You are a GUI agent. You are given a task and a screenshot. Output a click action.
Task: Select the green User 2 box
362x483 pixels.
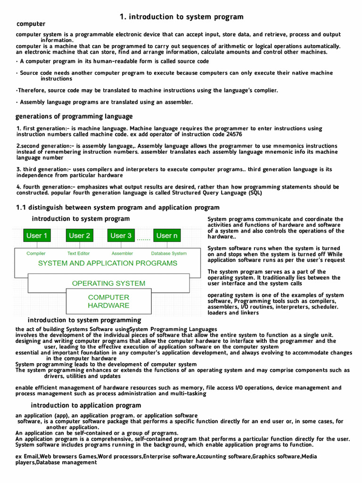[79, 235]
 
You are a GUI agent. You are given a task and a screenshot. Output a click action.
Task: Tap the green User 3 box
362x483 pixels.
[122, 235]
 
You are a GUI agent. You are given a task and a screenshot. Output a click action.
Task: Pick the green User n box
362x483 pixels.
[167, 235]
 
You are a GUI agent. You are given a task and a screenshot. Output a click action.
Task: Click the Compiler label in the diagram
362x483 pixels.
[36, 253]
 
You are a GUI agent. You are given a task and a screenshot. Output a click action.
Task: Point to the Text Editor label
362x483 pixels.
[79, 253]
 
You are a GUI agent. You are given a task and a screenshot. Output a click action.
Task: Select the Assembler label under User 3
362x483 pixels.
[122, 253]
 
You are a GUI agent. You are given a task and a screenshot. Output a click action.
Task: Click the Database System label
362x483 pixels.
[169, 253]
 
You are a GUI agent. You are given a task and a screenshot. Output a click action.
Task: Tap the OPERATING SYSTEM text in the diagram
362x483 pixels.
[108, 283]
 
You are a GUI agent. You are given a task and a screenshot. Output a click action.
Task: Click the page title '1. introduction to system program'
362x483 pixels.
[181, 17]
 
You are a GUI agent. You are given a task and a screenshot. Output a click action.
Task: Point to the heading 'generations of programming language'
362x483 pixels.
[74, 116]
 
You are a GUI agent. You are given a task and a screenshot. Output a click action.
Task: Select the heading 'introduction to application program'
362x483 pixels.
[86, 405]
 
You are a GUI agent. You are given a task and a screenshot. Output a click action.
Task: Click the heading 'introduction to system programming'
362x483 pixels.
[84, 320]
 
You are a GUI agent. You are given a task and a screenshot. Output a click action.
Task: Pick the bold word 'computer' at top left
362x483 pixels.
[31, 24]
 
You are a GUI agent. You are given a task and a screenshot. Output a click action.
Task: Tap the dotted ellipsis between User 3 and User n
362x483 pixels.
[143, 239]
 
